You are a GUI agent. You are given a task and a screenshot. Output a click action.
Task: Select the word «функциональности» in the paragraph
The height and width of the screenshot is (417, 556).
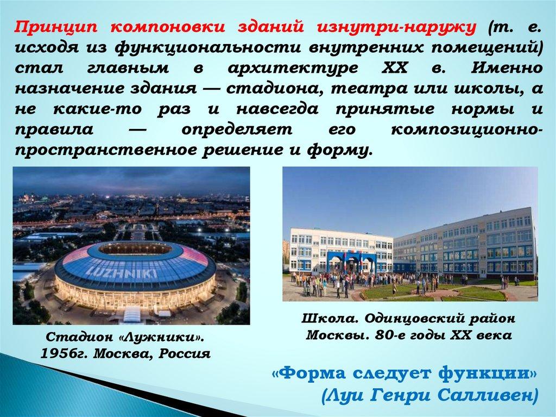(x=207, y=47)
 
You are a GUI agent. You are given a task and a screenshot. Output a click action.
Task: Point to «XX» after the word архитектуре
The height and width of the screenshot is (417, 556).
(x=394, y=67)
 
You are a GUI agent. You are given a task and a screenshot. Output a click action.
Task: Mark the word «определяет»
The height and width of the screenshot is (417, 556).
(x=237, y=129)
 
